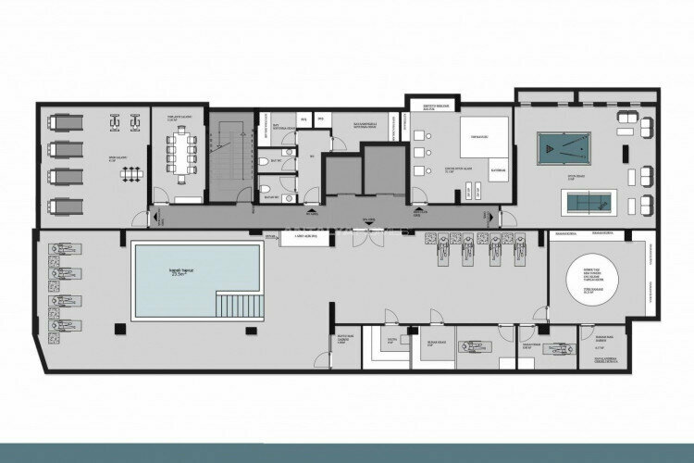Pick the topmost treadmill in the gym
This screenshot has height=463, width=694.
click(64, 120)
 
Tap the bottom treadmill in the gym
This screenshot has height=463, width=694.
click(64, 204)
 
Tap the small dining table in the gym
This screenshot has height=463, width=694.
click(132, 172)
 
